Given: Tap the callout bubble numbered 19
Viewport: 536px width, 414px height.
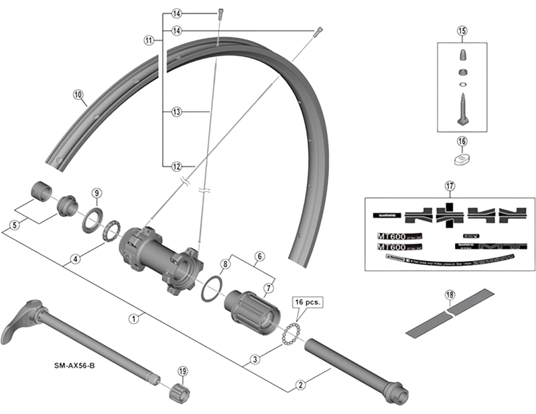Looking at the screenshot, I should [182, 371].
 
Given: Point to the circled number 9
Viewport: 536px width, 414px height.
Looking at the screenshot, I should [96, 194].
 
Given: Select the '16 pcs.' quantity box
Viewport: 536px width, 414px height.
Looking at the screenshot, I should [308, 303].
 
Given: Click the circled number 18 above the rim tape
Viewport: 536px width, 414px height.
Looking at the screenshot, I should [449, 294].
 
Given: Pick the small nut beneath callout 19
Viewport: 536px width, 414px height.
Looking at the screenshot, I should [179, 394].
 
